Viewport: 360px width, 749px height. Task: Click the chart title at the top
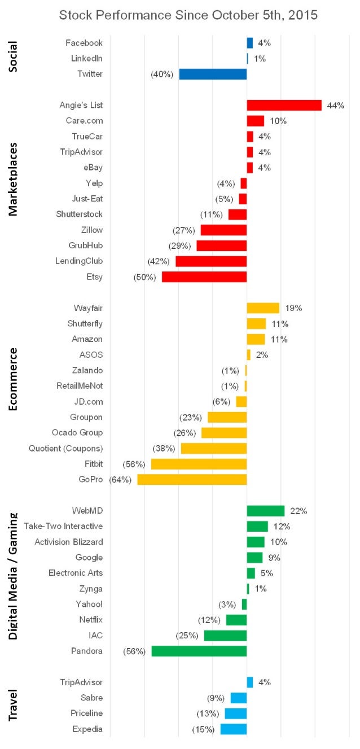pos(188,15)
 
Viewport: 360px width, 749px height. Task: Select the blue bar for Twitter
pos(213,74)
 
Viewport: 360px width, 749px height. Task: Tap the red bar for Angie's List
pos(284,106)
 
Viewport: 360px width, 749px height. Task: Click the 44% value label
pos(335,106)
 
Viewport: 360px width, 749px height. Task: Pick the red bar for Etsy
pos(204,277)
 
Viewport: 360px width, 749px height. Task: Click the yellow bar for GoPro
pos(192,479)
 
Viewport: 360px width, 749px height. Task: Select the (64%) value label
pos(120,480)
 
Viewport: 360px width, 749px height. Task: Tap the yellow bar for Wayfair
pos(263,308)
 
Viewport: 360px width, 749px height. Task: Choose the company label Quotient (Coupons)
pos(66,448)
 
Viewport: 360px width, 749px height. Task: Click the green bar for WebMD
pos(266,511)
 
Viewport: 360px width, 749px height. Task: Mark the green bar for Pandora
pos(199,651)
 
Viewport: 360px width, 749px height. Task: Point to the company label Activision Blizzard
pos(69,542)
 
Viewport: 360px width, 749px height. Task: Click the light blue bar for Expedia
pos(234,729)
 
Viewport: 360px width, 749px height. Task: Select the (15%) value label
pos(203,729)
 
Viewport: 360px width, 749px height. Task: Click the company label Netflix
pos(91,620)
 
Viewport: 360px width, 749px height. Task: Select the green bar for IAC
pos(225,636)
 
